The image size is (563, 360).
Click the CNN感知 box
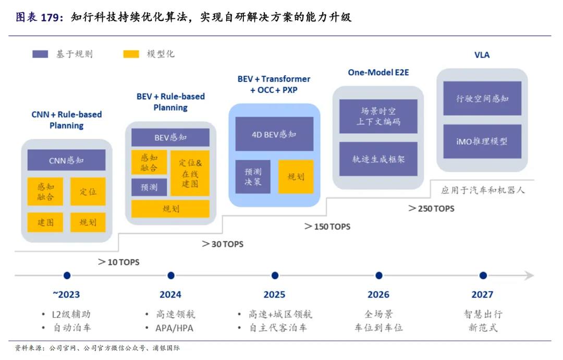(66, 160)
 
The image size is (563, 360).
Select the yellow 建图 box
(45, 222)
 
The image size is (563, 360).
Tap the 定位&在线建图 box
(190, 173)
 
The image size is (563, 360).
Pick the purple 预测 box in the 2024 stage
(149, 187)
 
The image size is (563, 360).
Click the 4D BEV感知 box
(274, 134)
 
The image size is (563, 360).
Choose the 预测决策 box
(253, 177)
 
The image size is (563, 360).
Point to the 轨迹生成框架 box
(378, 159)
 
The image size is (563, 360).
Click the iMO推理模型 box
(482, 141)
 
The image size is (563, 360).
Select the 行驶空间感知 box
(482, 99)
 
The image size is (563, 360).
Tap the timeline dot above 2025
(275, 275)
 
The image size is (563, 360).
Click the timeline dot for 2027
(483, 275)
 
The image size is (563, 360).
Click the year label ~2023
(66, 295)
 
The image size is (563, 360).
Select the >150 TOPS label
(327, 227)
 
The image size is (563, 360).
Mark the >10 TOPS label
(118, 262)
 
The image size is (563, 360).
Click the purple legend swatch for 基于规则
(40, 54)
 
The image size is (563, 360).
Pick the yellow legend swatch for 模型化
(131, 54)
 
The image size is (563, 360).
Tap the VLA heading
(482, 55)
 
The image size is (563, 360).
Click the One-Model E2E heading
(378, 73)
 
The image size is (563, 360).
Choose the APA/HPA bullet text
(174, 328)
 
